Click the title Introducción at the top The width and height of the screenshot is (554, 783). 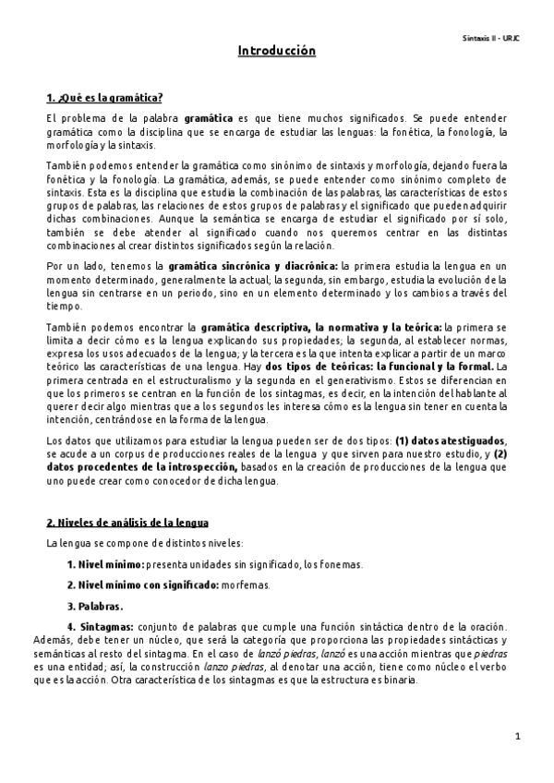coord(277,52)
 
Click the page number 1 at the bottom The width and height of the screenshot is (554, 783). coord(519,736)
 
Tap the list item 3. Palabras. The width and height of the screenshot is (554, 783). coord(94,606)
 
